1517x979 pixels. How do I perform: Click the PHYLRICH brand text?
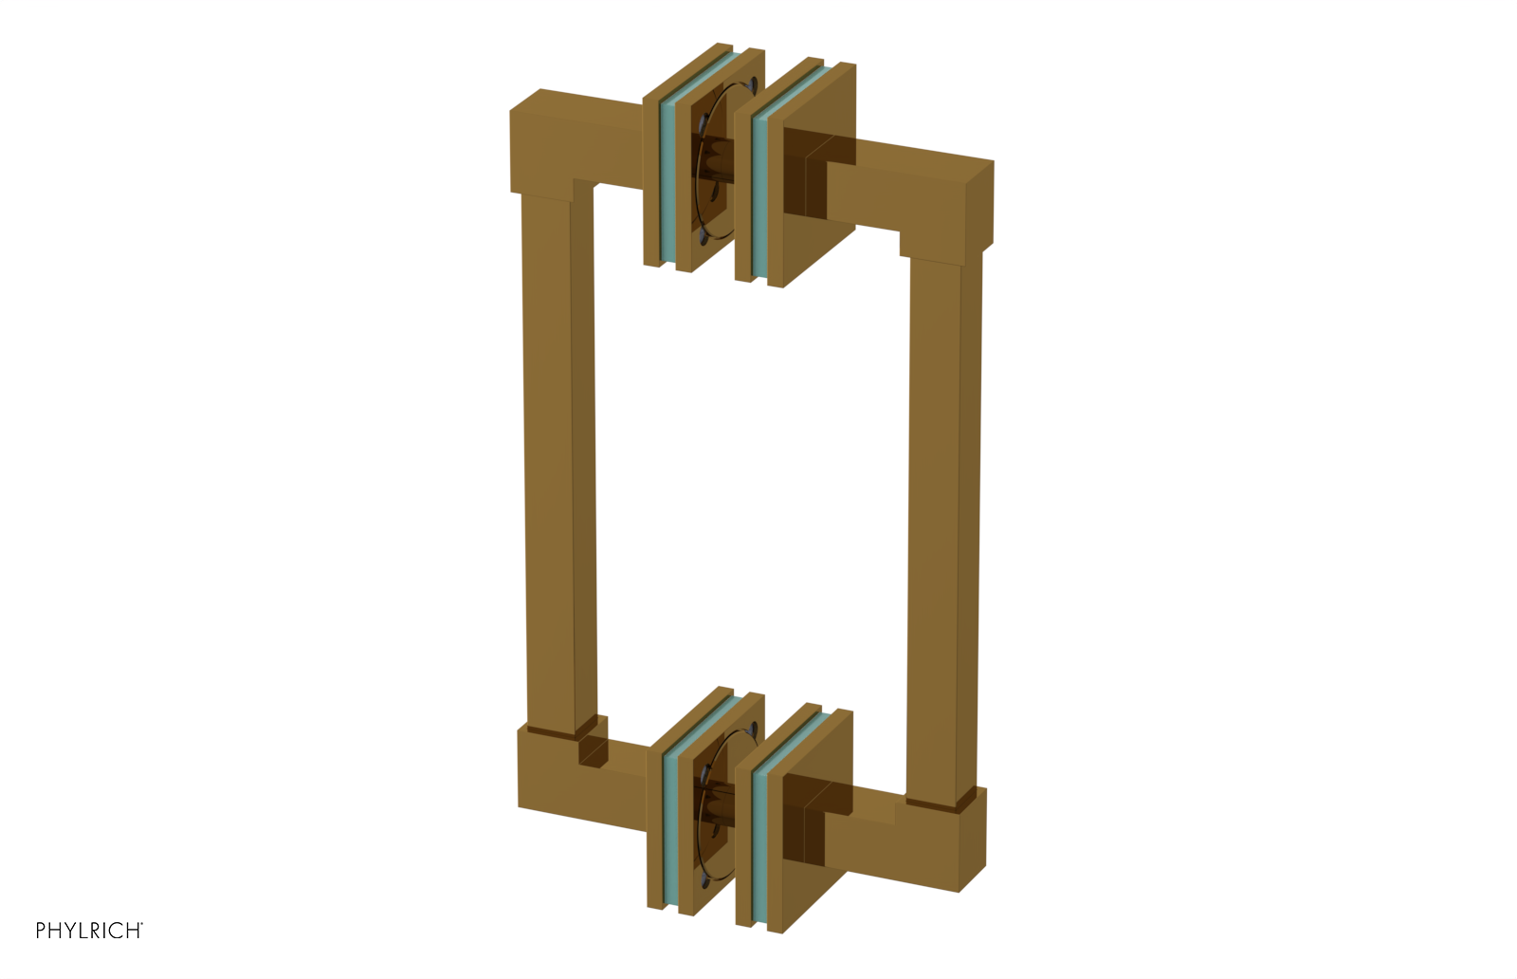coord(88,931)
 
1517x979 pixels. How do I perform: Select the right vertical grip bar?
coord(943,522)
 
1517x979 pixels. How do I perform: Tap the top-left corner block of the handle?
coord(545,142)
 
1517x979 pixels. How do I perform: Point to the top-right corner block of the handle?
coord(958,204)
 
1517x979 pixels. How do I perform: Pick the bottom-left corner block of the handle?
coord(550,773)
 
